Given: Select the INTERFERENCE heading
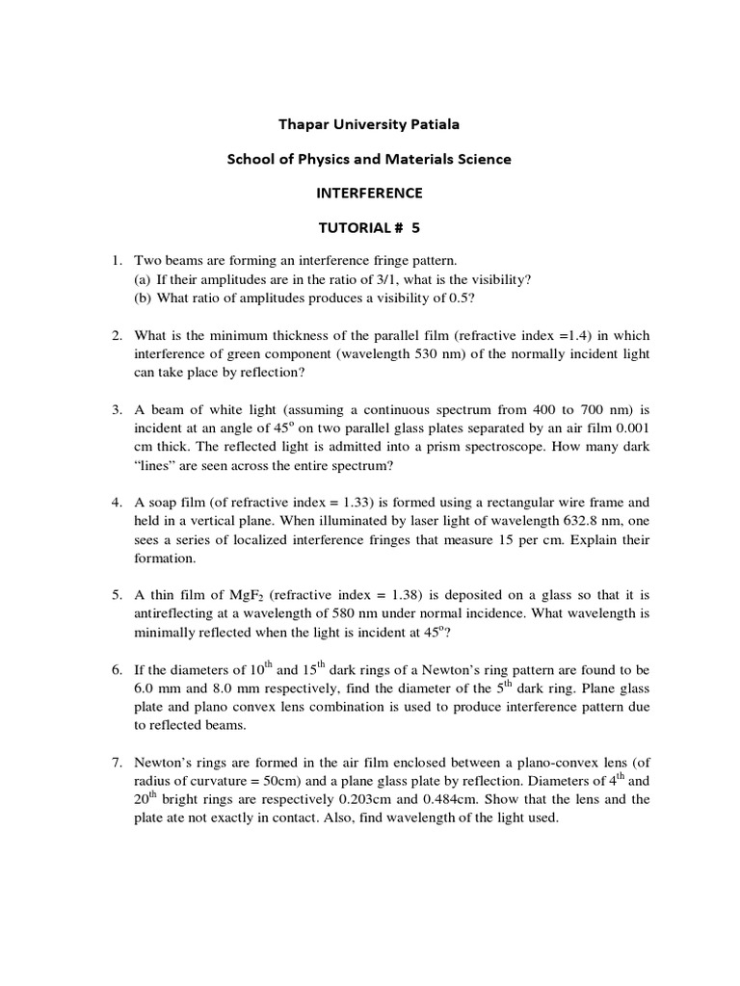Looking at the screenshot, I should pyautogui.click(x=370, y=193).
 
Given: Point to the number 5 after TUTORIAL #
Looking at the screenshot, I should pyautogui.click(x=416, y=227).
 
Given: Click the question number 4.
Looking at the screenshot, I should pyautogui.click(x=114, y=502).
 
